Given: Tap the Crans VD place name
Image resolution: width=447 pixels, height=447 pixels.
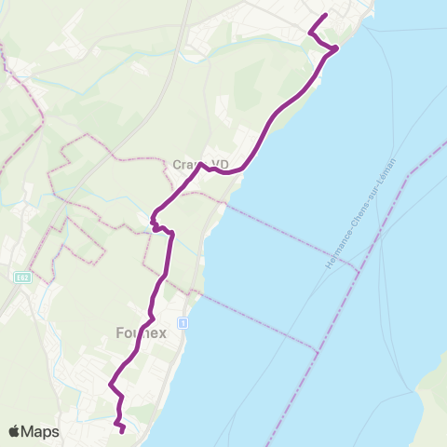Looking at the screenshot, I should pos(200,165).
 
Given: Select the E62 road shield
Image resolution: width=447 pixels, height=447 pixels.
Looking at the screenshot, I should pos(22,277).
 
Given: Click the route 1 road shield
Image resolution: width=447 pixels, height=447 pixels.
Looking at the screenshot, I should pos(183,322).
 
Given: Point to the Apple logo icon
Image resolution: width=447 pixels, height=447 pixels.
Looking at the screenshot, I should pos(15,431).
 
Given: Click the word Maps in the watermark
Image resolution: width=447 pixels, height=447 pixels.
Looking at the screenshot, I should pos(42,431).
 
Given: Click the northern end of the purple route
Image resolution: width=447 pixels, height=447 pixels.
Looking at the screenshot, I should pos(325,16).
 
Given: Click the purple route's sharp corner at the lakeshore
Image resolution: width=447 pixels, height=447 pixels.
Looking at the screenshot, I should pos(336,47).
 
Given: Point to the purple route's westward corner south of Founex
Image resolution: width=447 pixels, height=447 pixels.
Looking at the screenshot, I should pos(110,384).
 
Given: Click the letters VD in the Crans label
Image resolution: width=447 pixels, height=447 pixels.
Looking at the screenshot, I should pos(220,165).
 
